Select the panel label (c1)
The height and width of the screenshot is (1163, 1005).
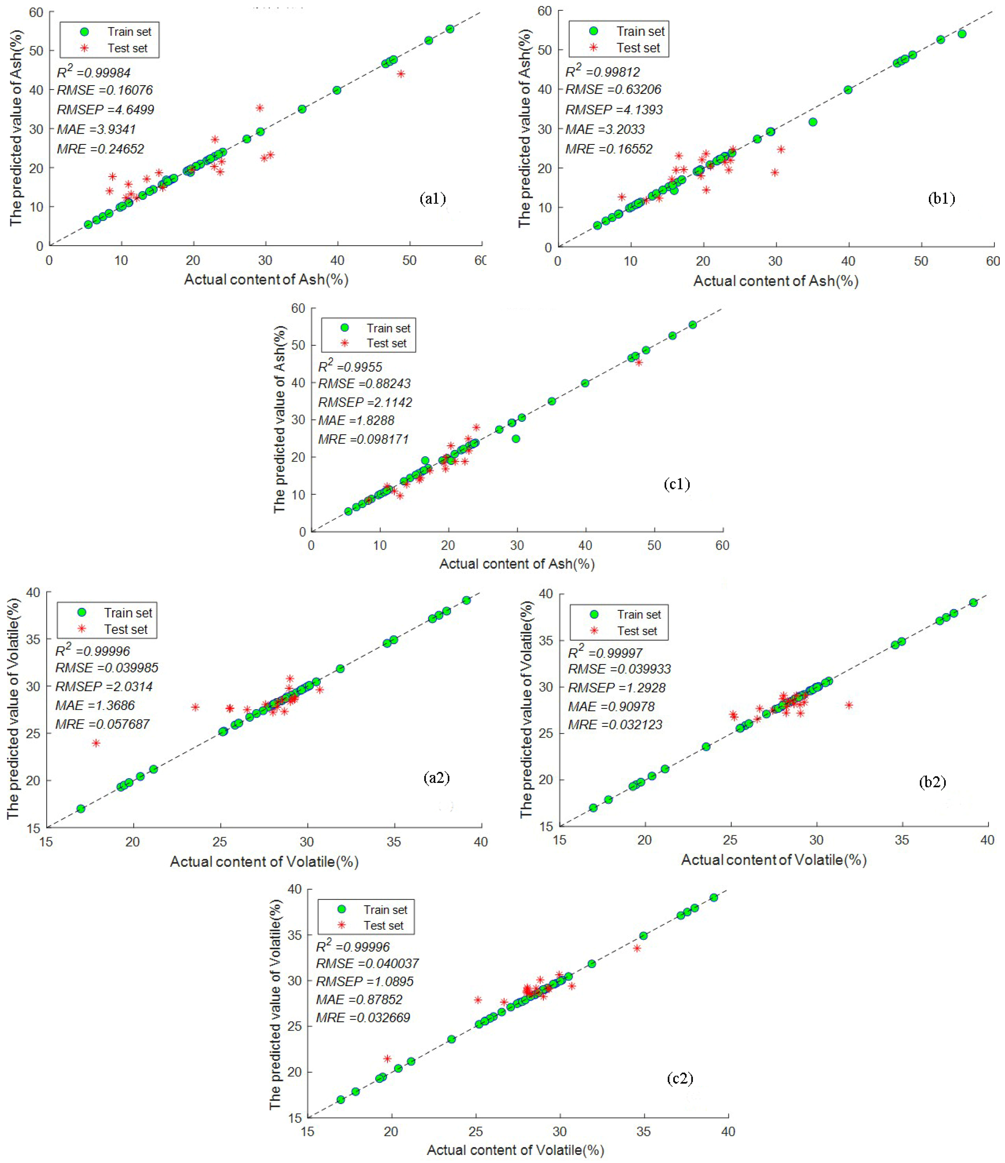pos(677,484)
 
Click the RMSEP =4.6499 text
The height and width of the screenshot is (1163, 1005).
pos(105,109)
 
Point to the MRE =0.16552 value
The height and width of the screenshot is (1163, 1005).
pos(609,149)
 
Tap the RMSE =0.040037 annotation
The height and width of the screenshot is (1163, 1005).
pos(367,963)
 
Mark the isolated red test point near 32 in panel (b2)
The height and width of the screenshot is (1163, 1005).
pos(848,705)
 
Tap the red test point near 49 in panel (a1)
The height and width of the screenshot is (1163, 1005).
pos(401,74)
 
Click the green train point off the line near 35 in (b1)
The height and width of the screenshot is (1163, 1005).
pos(812,122)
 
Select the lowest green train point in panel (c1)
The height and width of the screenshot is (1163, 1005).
pos(348,511)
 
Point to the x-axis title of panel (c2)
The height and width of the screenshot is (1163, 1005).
pos(515,1150)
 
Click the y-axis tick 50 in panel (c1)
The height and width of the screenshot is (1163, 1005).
pos(298,345)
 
